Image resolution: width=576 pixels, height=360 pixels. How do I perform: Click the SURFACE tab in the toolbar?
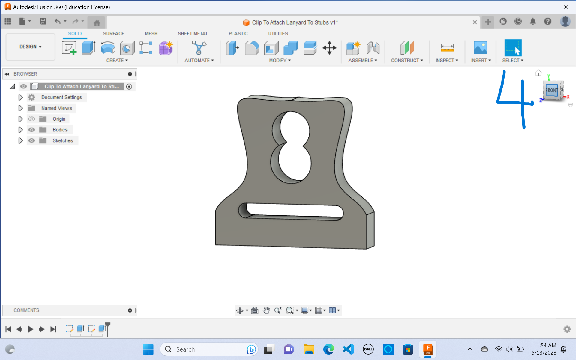[x=113, y=34]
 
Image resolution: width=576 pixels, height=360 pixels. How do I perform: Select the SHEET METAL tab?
[x=193, y=34]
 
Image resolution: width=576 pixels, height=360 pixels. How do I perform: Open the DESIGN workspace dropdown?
[x=30, y=47]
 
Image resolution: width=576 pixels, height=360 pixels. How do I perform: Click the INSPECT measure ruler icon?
[x=447, y=48]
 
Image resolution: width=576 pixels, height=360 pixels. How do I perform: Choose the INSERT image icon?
[x=480, y=48]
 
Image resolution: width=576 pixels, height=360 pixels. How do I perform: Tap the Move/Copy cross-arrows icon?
[x=329, y=48]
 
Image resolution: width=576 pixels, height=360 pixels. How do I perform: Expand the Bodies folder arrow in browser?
[x=20, y=130]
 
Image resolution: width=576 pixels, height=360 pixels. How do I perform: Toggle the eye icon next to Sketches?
[x=31, y=141]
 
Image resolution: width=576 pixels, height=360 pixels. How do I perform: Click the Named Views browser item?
[x=56, y=108]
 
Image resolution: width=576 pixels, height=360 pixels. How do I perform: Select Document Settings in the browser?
[x=61, y=97]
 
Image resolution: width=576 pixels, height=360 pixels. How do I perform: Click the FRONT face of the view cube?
[x=551, y=90]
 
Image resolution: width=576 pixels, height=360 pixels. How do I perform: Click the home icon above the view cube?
[x=538, y=73]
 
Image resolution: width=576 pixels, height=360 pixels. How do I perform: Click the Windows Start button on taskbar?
[x=148, y=349]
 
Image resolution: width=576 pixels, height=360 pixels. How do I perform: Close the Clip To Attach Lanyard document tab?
[x=475, y=22]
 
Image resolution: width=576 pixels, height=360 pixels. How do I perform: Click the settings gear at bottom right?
[x=567, y=329]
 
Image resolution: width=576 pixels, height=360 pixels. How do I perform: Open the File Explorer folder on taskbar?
[x=308, y=349]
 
